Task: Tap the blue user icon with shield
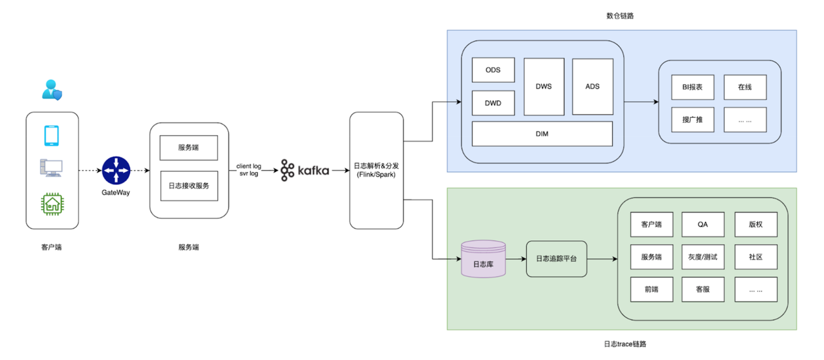51,89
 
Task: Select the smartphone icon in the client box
52,136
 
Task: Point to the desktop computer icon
52,168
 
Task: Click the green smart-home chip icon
52,204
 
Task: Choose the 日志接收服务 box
189,186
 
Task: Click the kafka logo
305,171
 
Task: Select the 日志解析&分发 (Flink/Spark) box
377,171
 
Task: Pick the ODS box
493,70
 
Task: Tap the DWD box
493,103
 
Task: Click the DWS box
543,86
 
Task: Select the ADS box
592,86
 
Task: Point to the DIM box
542,134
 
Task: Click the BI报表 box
692,87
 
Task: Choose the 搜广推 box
692,119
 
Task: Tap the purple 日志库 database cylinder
483,260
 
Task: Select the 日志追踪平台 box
557,259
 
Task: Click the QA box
703,225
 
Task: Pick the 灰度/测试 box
703,257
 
